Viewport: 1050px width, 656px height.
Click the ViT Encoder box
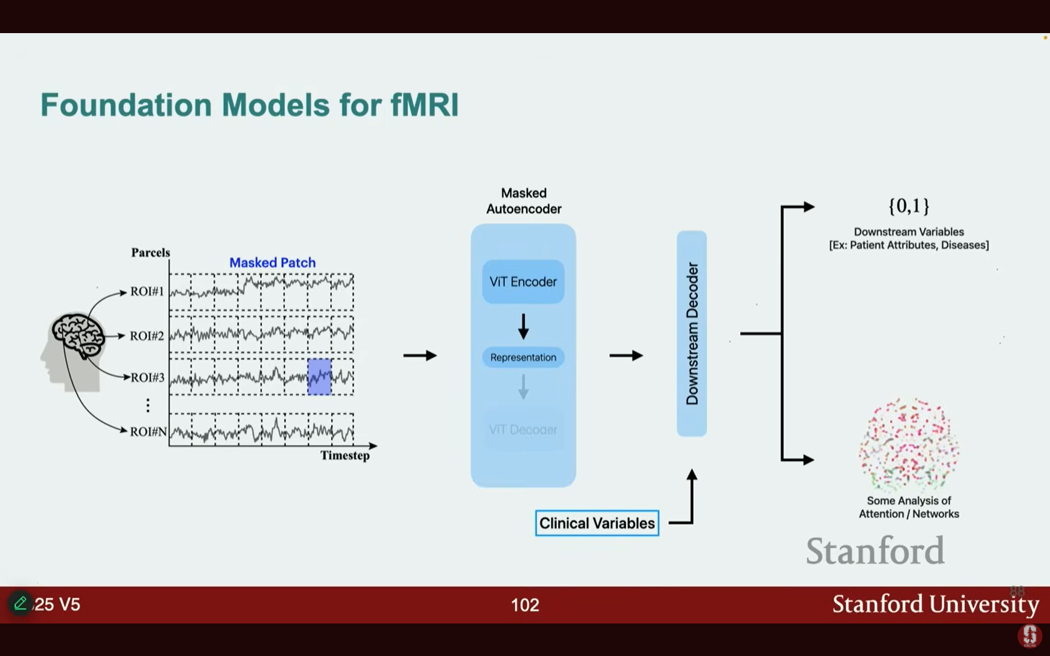[x=523, y=282]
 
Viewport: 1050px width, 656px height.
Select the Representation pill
[x=523, y=357]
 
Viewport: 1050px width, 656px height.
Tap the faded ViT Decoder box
[x=523, y=430]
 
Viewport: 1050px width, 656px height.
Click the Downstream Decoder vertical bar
[x=692, y=334]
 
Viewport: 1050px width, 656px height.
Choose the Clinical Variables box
[x=597, y=524]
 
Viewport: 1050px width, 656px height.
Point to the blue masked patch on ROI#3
[x=319, y=377]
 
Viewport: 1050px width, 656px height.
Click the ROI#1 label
[x=147, y=292]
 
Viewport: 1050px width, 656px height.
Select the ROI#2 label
[x=147, y=336]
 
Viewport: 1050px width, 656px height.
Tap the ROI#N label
[x=148, y=432]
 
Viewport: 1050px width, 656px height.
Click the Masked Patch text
[x=272, y=263]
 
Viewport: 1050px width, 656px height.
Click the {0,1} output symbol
[x=909, y=206]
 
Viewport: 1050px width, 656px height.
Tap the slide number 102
[x=525, y=605]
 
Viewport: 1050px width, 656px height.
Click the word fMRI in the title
[x=424, y=105]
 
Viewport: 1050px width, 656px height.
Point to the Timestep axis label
[x=345, y=455]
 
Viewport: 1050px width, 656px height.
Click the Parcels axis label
[x=151, y=252]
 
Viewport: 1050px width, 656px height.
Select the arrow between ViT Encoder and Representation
[x=523, y=326]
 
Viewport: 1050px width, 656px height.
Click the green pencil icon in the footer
[x=20, y=604]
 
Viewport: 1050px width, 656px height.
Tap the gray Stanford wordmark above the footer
[x=875, y=550]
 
